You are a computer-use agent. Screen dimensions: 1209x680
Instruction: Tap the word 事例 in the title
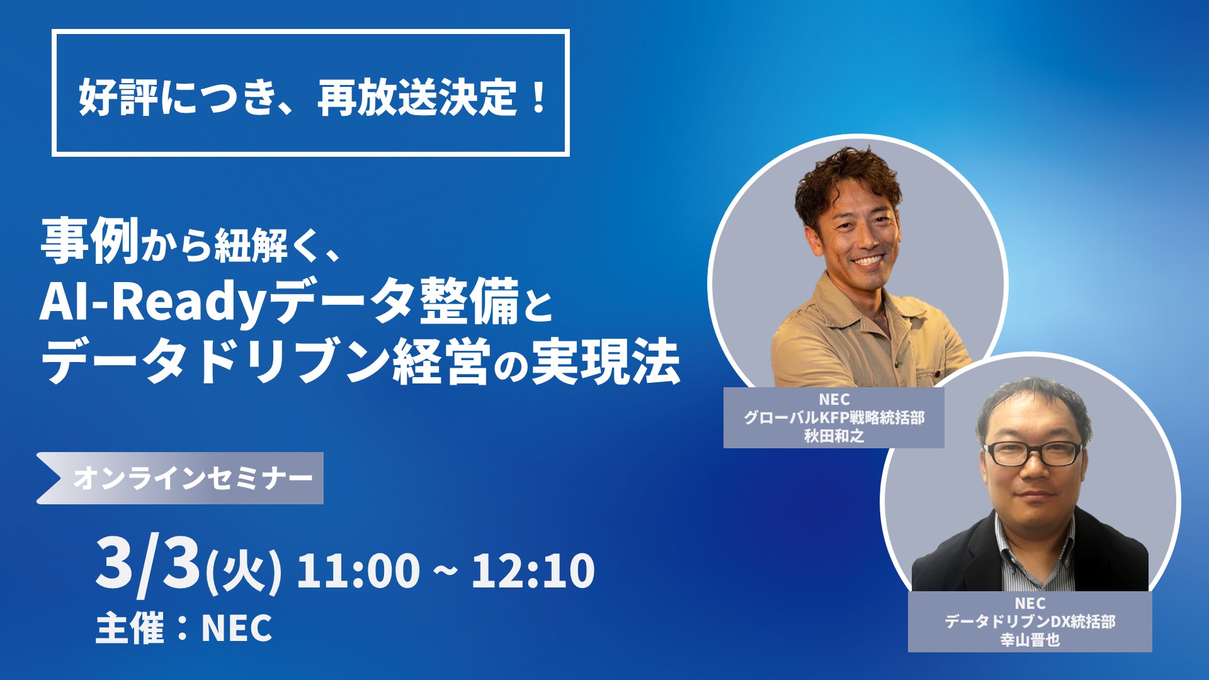[89, 241]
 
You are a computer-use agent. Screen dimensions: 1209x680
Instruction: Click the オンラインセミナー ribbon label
[193, 479]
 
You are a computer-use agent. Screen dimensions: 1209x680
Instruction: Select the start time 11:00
[358, 570]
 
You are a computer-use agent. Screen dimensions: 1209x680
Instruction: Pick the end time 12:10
[533, 570]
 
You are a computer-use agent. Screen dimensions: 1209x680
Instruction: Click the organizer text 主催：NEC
[184, 627]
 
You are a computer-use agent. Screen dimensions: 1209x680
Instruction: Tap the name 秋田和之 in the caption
[834, 436]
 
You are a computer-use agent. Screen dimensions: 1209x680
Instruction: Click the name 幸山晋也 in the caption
[1030, 640]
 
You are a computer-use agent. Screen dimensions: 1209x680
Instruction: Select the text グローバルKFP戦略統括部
[834, 417]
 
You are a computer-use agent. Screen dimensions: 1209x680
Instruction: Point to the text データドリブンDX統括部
[1030, 621]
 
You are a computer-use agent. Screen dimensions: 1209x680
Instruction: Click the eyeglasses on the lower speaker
[1033, 453]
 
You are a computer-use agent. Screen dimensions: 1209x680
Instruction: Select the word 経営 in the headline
[441, 362]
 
